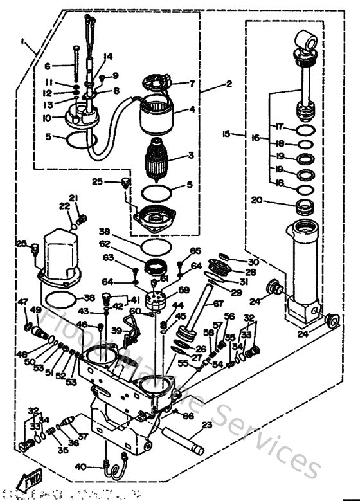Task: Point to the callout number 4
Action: click(192, 109)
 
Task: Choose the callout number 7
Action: click(192, 83)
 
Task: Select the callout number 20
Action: click(257, 200)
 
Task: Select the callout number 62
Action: click(104, 244)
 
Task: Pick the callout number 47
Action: click(22, 302)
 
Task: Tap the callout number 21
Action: click(73, 197)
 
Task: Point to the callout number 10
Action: click(48, 118)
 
